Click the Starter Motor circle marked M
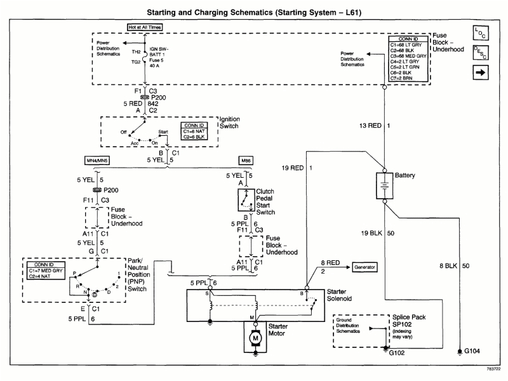tap(255, 338)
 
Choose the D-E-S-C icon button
tap(481, 53)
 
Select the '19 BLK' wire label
tap(372, 234)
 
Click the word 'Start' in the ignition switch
tap(163, 131)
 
